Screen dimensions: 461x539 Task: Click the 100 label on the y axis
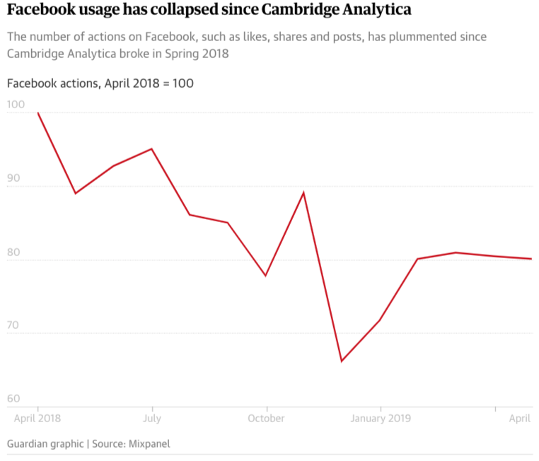click(x=16, y=105)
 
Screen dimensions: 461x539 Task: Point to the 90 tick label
click(x=14, y=178)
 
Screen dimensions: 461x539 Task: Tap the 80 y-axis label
click(x=14, y=252)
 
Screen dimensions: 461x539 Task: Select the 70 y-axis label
click(x=14, y=325)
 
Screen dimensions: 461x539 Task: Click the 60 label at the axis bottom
click(x=14, y=399)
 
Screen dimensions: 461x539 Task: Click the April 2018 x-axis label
click(x=37, y=418)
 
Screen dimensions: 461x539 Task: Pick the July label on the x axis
click(x=151, y=418)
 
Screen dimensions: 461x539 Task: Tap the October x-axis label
click(x=266, y=418)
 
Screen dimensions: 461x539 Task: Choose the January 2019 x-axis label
click(x=381, y=418)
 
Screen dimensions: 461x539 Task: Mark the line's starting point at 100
click(x=37, y=112)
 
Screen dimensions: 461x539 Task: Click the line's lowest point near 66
click(x=342, y=361)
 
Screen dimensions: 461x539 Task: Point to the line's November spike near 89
click(x=303, y=192)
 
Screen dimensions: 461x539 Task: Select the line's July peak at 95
click(x=151, y=149)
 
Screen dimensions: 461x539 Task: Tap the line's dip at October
click(x=265, y=275)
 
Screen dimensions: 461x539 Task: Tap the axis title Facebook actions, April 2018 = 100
click(x=100, y=83)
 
